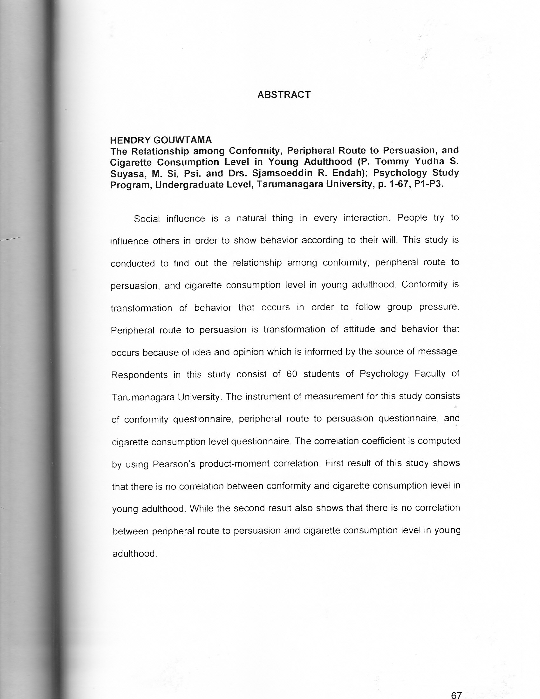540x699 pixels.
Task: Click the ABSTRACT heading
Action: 284,95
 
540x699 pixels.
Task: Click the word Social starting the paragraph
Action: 147,219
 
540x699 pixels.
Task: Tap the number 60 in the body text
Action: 292,374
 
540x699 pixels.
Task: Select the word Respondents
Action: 139,375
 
